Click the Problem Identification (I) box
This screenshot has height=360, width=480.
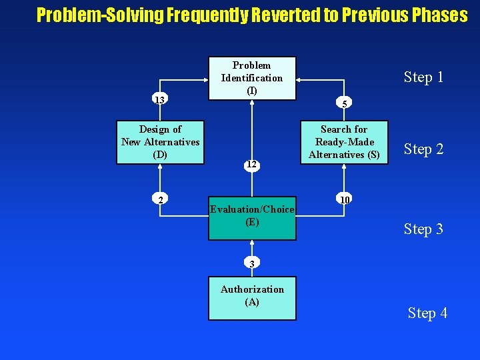[x=252, y=78]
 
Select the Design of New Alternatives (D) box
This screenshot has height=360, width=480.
[x=160, y=142]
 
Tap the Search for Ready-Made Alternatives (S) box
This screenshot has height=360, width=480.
[x=343, y=142]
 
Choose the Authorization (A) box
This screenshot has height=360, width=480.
[x=252, y=298]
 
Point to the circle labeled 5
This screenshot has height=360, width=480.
[x=344, y=103]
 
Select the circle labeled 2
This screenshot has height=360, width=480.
[x=160, y=199]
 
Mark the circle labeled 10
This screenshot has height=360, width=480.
[x=344, y=199]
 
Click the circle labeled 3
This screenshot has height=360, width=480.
[x=252, y=263]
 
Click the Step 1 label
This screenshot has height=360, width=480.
[x=423, y=77]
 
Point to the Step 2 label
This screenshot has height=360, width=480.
[x=423, y=149]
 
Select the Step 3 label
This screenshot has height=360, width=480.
[x=423, y=229]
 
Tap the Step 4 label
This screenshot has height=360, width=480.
[x=427, y=313]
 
